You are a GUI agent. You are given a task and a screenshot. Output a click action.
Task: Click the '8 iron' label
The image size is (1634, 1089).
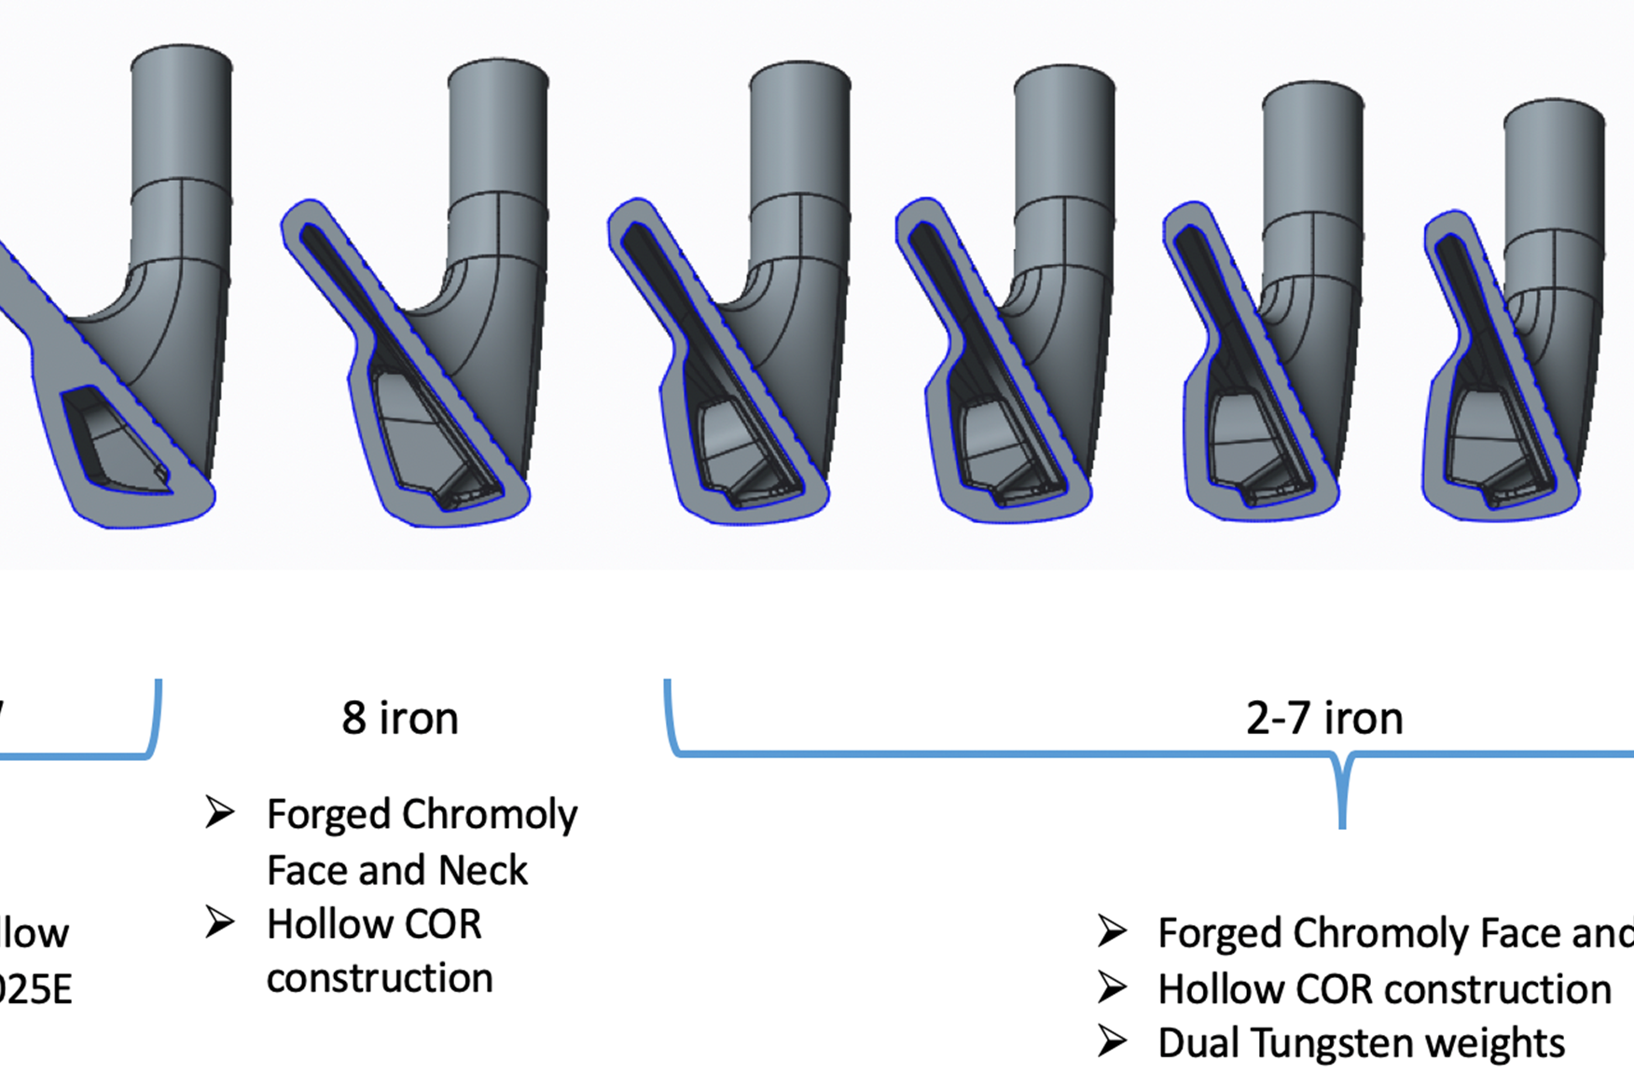click(x=400, y=719)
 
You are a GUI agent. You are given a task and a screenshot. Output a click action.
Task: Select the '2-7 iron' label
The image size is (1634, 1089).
click(x=1323, y=719)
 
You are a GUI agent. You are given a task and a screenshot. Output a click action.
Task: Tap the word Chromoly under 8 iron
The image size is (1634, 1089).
click(x=491, y=815)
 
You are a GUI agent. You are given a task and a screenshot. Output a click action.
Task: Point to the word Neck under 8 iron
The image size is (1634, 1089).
click(x=482, y=871)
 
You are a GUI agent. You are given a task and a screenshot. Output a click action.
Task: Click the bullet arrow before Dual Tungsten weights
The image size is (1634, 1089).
click(x=1112, y=1041)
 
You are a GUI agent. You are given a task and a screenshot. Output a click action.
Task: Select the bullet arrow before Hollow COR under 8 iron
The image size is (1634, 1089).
click(x=220, y=923)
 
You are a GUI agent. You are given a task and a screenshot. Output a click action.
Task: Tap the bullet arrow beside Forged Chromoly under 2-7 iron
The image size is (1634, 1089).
click(x=1112, y=931)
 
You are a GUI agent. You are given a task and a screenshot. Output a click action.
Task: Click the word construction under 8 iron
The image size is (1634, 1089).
click(x=380, y=979)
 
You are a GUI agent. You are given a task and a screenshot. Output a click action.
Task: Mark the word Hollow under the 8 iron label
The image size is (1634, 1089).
click(x=322, y=925)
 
